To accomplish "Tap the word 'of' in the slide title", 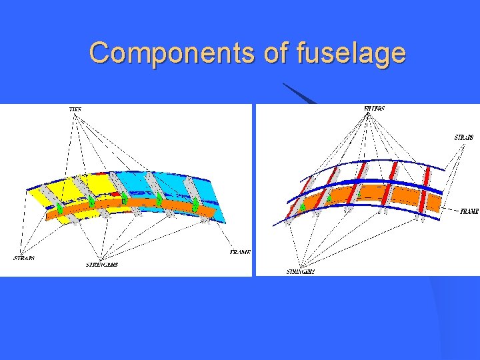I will click(276, 52).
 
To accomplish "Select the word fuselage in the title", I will click(351, 53).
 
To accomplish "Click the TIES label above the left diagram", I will click(75, 109).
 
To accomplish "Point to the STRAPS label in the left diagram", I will click(24, 258).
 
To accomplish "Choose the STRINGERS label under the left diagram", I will click(101, 265).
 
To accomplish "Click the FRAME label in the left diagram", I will click(240, 253).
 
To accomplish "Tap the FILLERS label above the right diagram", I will click(374, 108).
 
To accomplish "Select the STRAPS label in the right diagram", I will click(464, 137).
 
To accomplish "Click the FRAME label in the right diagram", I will click(469, 211).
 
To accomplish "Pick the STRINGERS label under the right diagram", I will click(301, 272).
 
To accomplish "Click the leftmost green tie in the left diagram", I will click(59, 209).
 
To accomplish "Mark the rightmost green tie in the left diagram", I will click(195, 203).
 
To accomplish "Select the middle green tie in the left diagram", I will click(124, 199).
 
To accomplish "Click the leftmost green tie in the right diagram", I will click(303, 207).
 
